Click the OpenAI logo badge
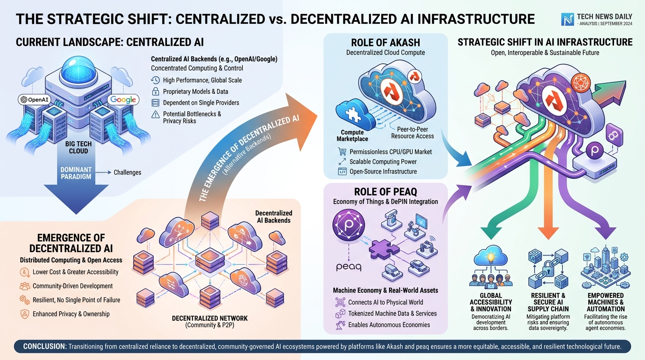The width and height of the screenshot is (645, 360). [35, 100]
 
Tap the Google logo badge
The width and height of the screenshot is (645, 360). [123, 100]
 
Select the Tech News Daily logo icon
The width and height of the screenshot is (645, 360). [567, 20]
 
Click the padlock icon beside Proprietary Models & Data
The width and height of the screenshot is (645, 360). [156, 91]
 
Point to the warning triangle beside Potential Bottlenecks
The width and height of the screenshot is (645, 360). [156, 115]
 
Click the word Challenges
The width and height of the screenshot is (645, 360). [127, 172]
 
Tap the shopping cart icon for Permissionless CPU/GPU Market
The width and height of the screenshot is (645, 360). [342, 151]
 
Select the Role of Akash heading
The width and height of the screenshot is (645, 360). [386, 43]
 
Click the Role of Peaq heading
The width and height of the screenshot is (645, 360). [386, 192]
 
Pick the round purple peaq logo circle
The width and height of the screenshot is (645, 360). [349, 225]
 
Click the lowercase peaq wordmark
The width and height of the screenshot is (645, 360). [349, 267]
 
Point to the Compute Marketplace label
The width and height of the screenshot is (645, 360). [352, 135]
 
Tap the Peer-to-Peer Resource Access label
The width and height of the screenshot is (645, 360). [412, 133]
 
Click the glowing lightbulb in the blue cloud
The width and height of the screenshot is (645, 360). [491, 257]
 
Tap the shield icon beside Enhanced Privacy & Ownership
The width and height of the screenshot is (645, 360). [25, 314]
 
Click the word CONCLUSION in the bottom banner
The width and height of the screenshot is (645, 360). [45, 346]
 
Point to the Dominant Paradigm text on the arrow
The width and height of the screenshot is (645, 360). [76, 173]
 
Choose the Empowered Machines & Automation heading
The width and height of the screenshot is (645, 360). [606, 302]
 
